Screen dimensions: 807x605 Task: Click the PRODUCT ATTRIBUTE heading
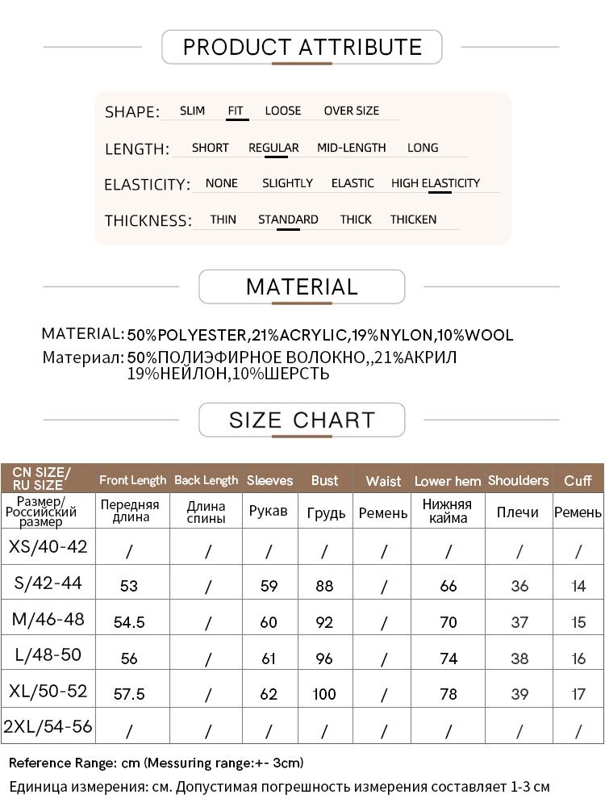(x=302, y=47)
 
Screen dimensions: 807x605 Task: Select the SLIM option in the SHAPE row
(x=192, y=111)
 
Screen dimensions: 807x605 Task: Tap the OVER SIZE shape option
(x=351, y=111)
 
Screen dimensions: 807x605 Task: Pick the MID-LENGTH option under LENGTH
(x=351, y=148)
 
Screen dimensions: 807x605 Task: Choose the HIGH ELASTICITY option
(x=436, y=183)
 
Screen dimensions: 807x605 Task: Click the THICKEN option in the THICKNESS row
(x=413, y=220)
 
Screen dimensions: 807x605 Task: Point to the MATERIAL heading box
(x=302, y=287)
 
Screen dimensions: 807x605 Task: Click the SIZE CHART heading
(x=302, y=420)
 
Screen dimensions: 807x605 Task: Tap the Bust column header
(x=324, y=480)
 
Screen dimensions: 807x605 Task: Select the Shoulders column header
(x=518, y=480)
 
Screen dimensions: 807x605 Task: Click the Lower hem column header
(x=448, y=481)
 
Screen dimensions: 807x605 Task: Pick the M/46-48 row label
(x=48, y=620)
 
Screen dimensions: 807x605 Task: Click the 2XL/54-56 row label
(x=48, y=726)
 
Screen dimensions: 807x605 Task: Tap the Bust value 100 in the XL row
(x=324, y=694)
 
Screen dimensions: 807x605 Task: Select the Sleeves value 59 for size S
(x=269, y=587)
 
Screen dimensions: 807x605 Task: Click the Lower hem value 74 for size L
(x=449, y=659)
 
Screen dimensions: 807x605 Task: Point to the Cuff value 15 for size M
(x=578, y=622)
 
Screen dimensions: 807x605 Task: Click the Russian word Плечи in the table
(x=518, y=512)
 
